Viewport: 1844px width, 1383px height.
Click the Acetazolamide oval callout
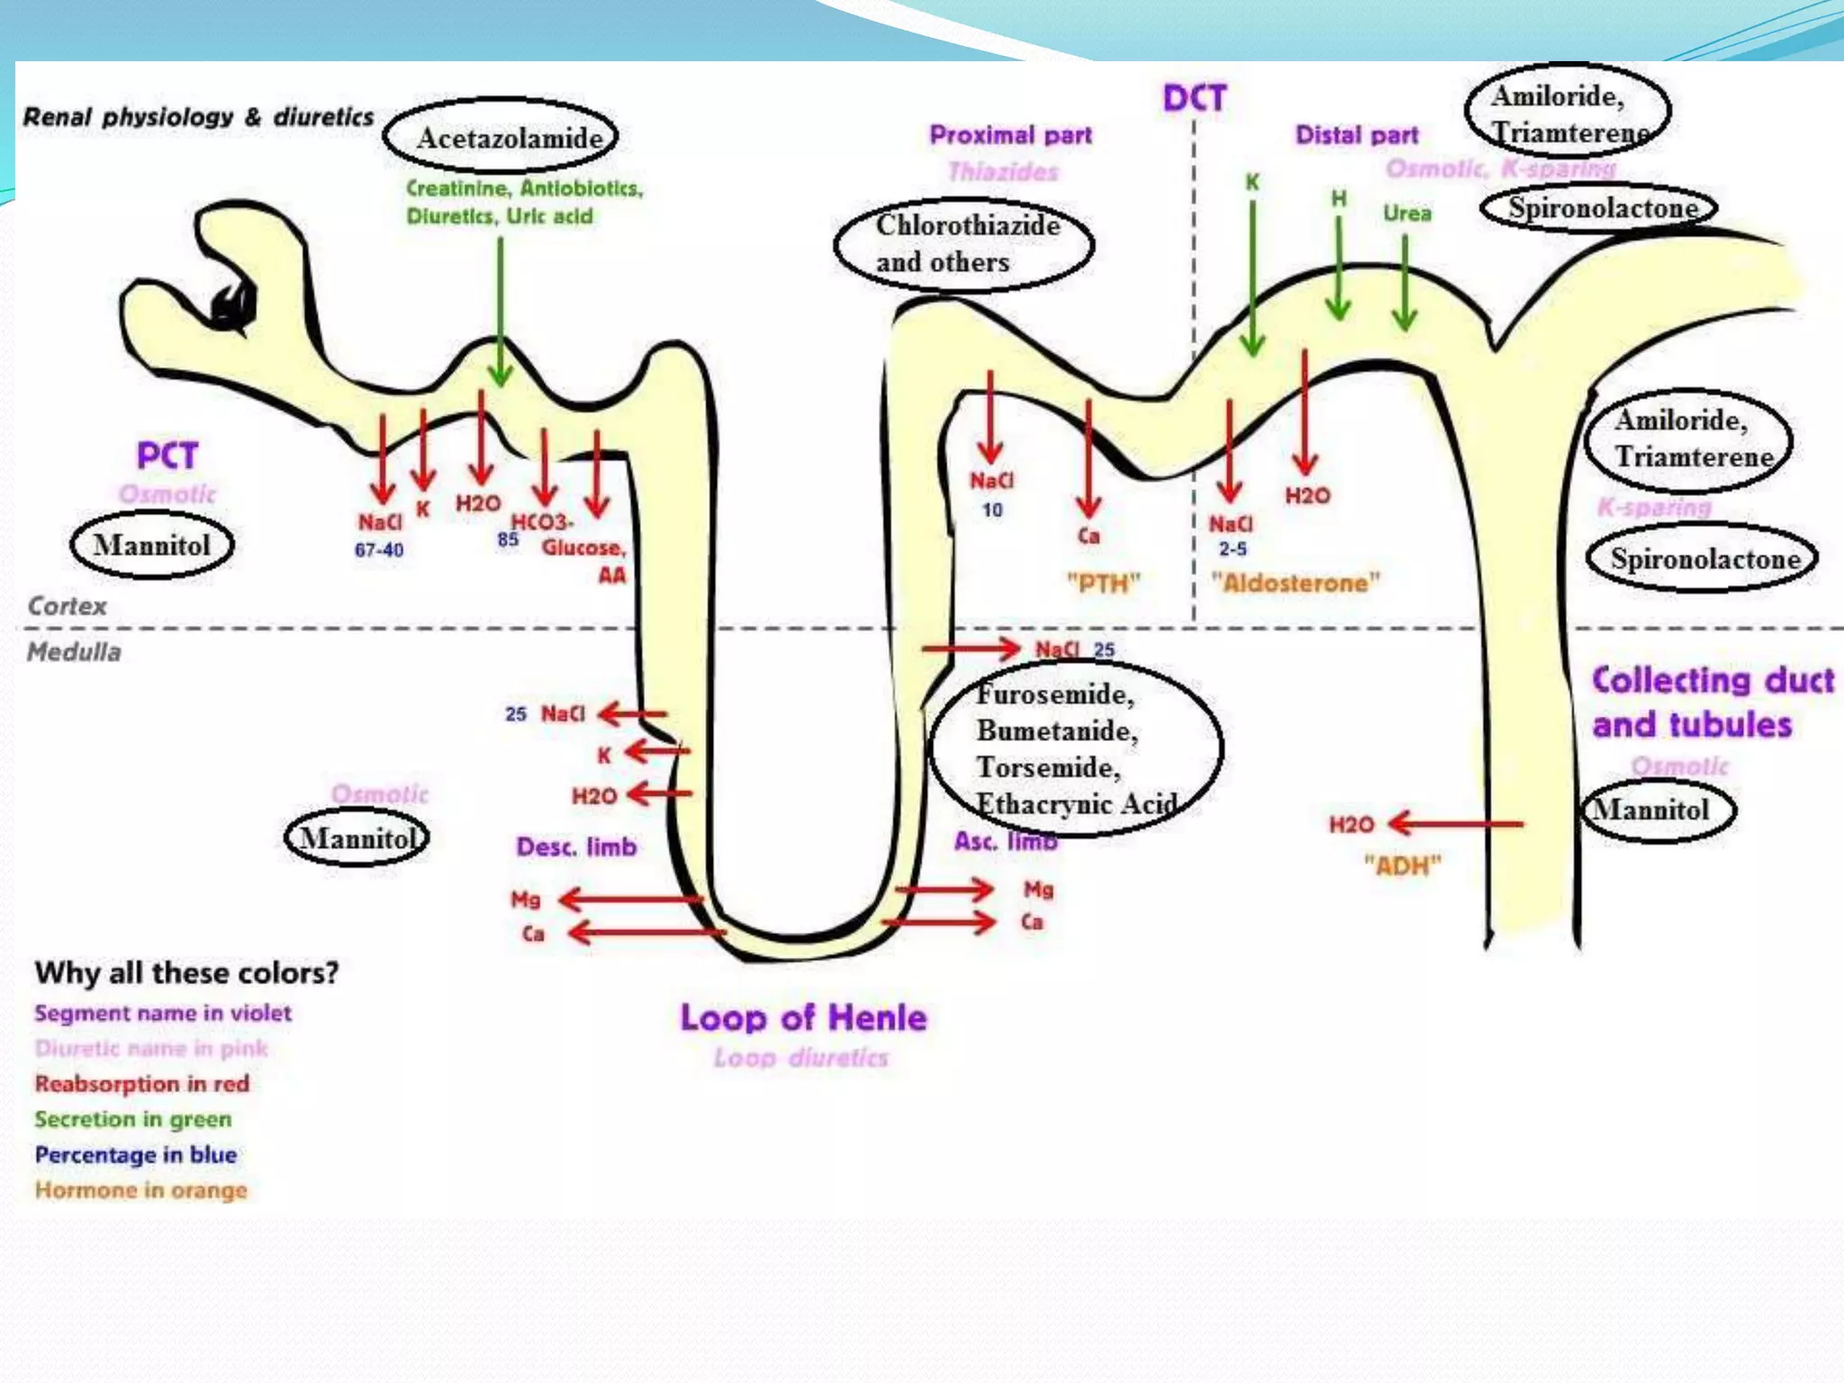501,137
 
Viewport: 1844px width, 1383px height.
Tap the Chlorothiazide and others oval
963,244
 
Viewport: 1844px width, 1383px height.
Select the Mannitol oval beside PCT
151,545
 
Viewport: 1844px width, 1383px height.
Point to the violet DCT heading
1194,97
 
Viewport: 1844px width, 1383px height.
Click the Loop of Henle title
803,1017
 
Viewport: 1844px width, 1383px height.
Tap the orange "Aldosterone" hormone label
1295,583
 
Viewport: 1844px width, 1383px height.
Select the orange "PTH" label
1103,583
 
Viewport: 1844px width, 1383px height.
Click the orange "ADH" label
1402,865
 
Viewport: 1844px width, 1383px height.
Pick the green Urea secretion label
1406,213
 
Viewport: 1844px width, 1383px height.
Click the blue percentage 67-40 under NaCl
378,550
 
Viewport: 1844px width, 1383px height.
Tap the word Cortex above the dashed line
68,606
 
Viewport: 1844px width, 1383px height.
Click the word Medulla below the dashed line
74,652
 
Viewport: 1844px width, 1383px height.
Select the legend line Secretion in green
133,1119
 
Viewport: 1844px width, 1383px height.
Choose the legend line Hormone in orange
140,1190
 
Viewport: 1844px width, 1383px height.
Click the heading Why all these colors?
186,972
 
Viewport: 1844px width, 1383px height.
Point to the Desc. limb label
576,846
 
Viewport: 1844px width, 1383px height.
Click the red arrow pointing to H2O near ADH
1454,823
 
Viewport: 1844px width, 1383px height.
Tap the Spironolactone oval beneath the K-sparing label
1702,558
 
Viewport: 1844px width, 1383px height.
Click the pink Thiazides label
1003,171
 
